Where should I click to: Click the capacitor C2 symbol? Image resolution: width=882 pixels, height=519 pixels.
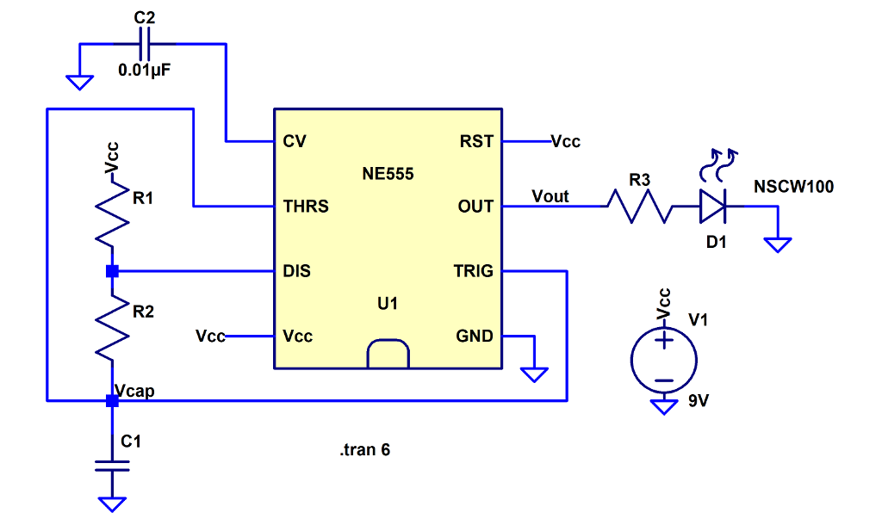(144, 43)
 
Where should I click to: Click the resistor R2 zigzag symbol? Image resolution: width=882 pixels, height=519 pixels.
(111, 327)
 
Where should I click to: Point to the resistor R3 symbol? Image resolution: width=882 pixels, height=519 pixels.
(639, 207)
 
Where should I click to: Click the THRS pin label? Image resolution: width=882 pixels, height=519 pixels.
(306, 207)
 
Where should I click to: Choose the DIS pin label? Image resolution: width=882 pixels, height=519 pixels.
(296, 271)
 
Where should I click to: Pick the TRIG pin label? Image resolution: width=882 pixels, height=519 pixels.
(473, 271)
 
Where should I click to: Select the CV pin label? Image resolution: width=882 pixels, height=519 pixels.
(294, 141)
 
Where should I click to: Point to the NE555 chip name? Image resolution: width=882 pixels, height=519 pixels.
(388, 174)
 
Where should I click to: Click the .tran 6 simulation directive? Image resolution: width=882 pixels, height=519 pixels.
(365, 449)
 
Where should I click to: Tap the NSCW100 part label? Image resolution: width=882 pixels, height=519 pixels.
(793, 186)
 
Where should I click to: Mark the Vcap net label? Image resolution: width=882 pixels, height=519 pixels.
(134, 392)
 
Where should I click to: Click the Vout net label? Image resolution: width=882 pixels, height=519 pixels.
(550, 196)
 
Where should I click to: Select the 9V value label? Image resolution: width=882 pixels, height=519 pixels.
(699, 401)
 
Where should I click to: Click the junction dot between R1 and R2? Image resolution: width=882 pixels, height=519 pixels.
(111, 271)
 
